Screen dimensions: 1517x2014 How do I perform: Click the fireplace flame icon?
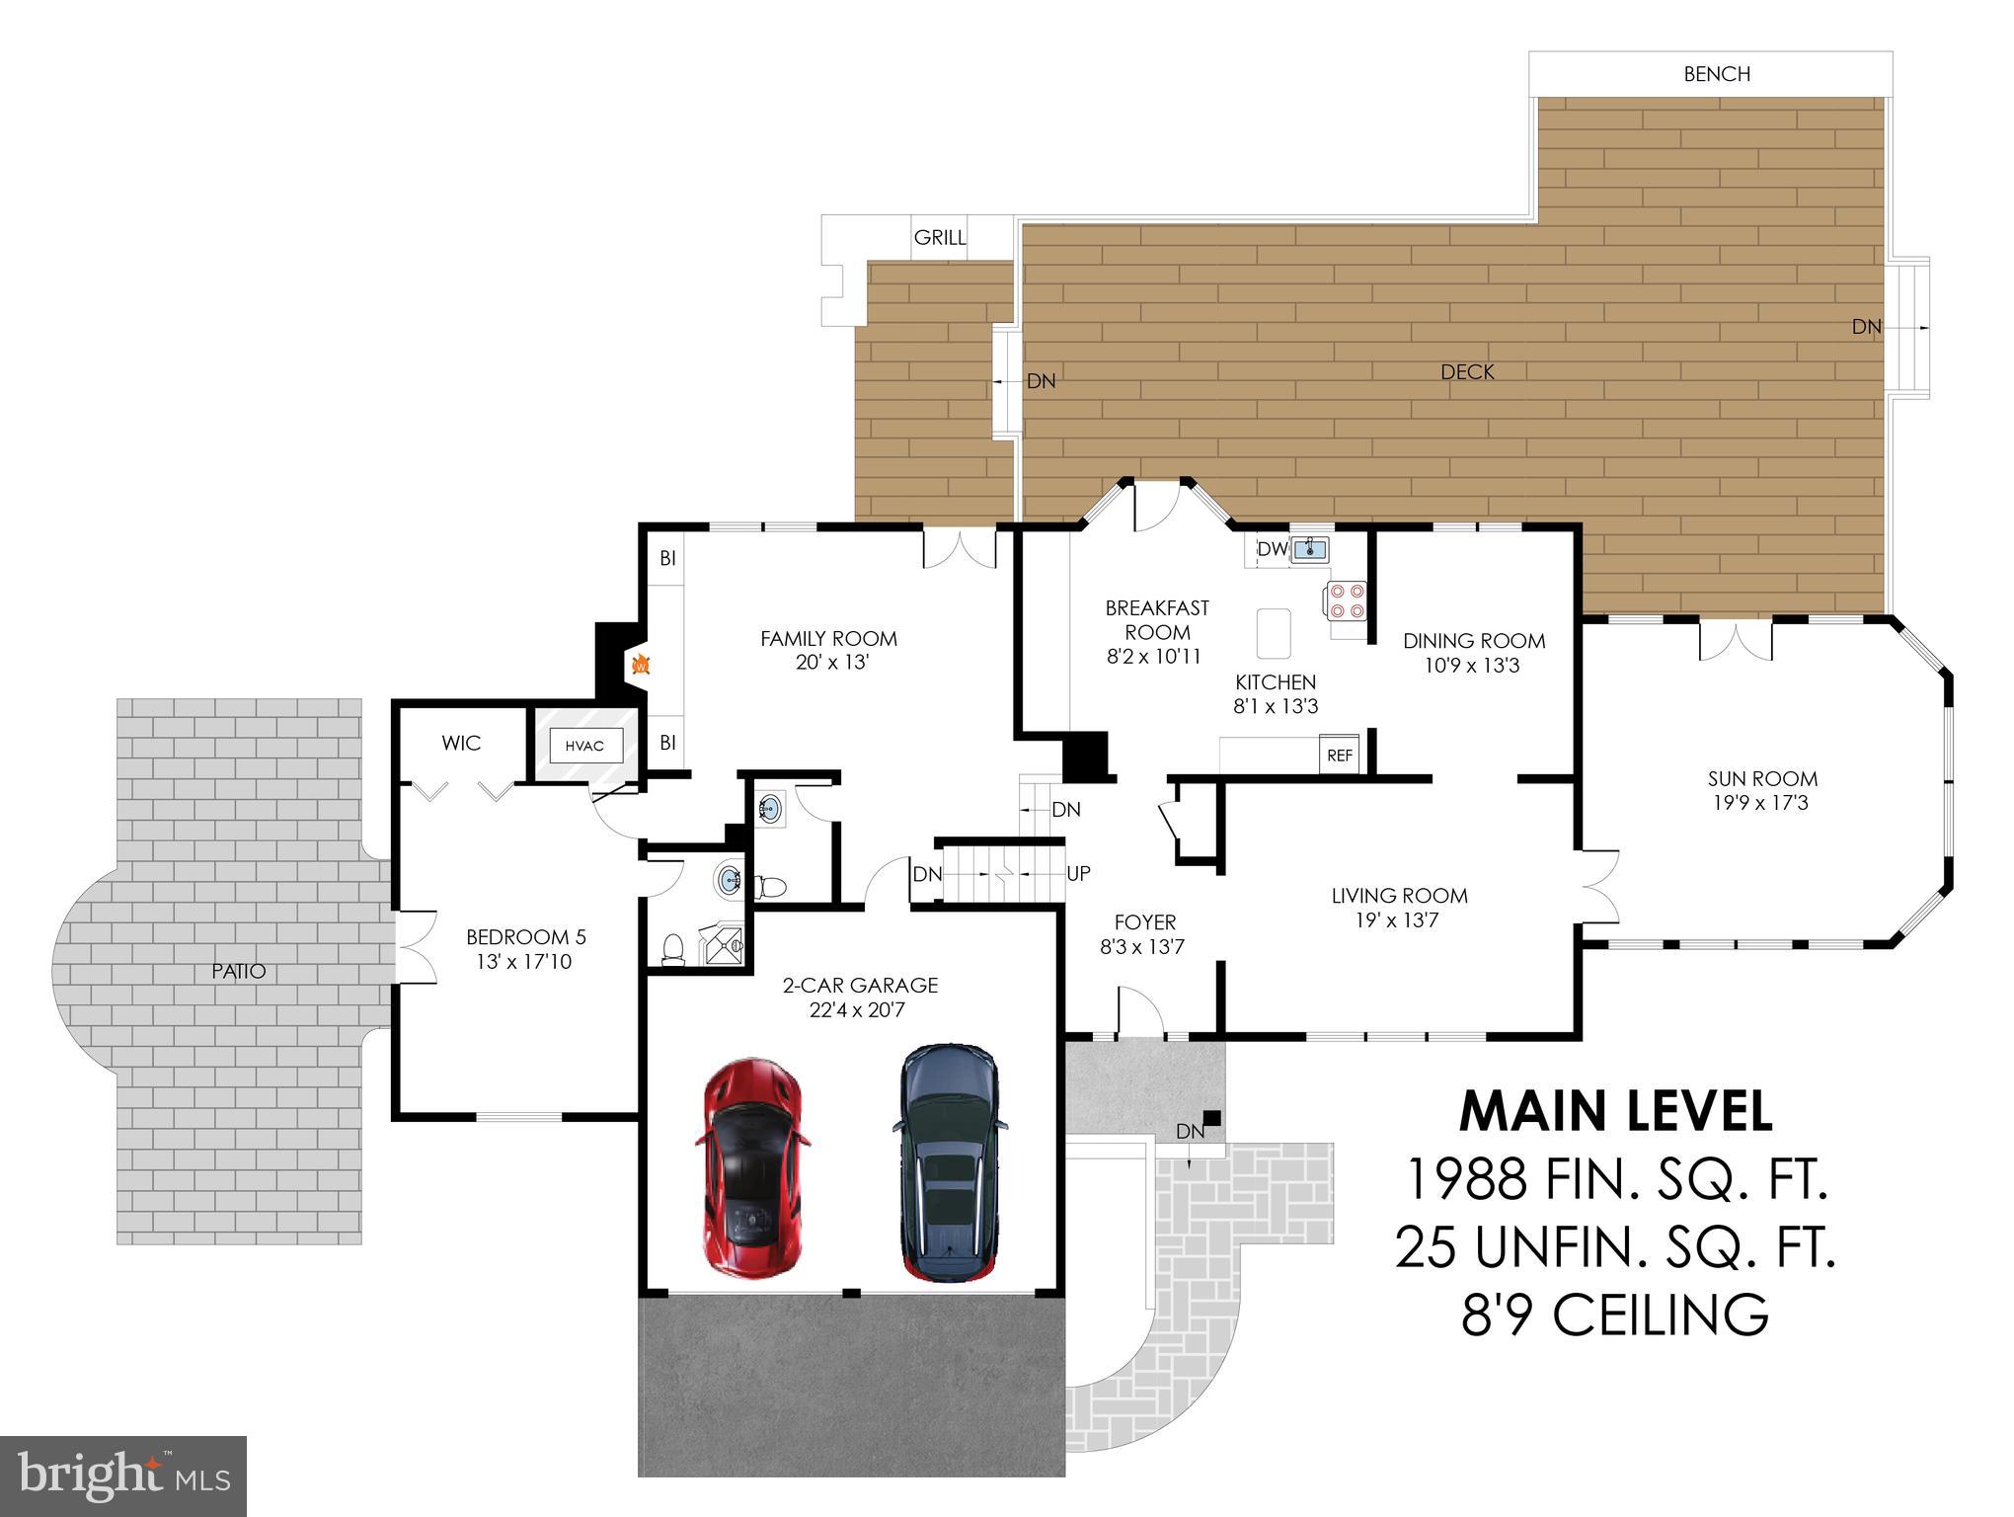click(640, 665)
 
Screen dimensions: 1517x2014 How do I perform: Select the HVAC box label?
click(584, 746)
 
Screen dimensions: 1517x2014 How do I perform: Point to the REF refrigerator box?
click(1340, 756)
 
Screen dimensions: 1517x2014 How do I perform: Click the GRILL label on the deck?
click(939, 237)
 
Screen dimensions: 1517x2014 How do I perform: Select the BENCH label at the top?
click(1717, 74)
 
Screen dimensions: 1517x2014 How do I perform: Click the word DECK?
click(1467, 372)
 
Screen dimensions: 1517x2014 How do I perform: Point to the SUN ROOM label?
click(1761, 778)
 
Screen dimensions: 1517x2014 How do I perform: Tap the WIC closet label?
click(461, 743)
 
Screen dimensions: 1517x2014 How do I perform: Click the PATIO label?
click(239, 971)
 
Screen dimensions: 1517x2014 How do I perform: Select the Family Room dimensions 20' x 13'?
click(831, 663)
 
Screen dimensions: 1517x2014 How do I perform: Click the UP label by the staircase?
click(1078, 873)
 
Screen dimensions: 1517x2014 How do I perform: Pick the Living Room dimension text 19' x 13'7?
click(1398, 920)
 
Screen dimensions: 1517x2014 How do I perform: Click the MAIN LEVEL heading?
click(1615, 1111)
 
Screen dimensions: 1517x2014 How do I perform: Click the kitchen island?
click(1274, 633)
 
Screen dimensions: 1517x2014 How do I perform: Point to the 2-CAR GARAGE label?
click(860, 985)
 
